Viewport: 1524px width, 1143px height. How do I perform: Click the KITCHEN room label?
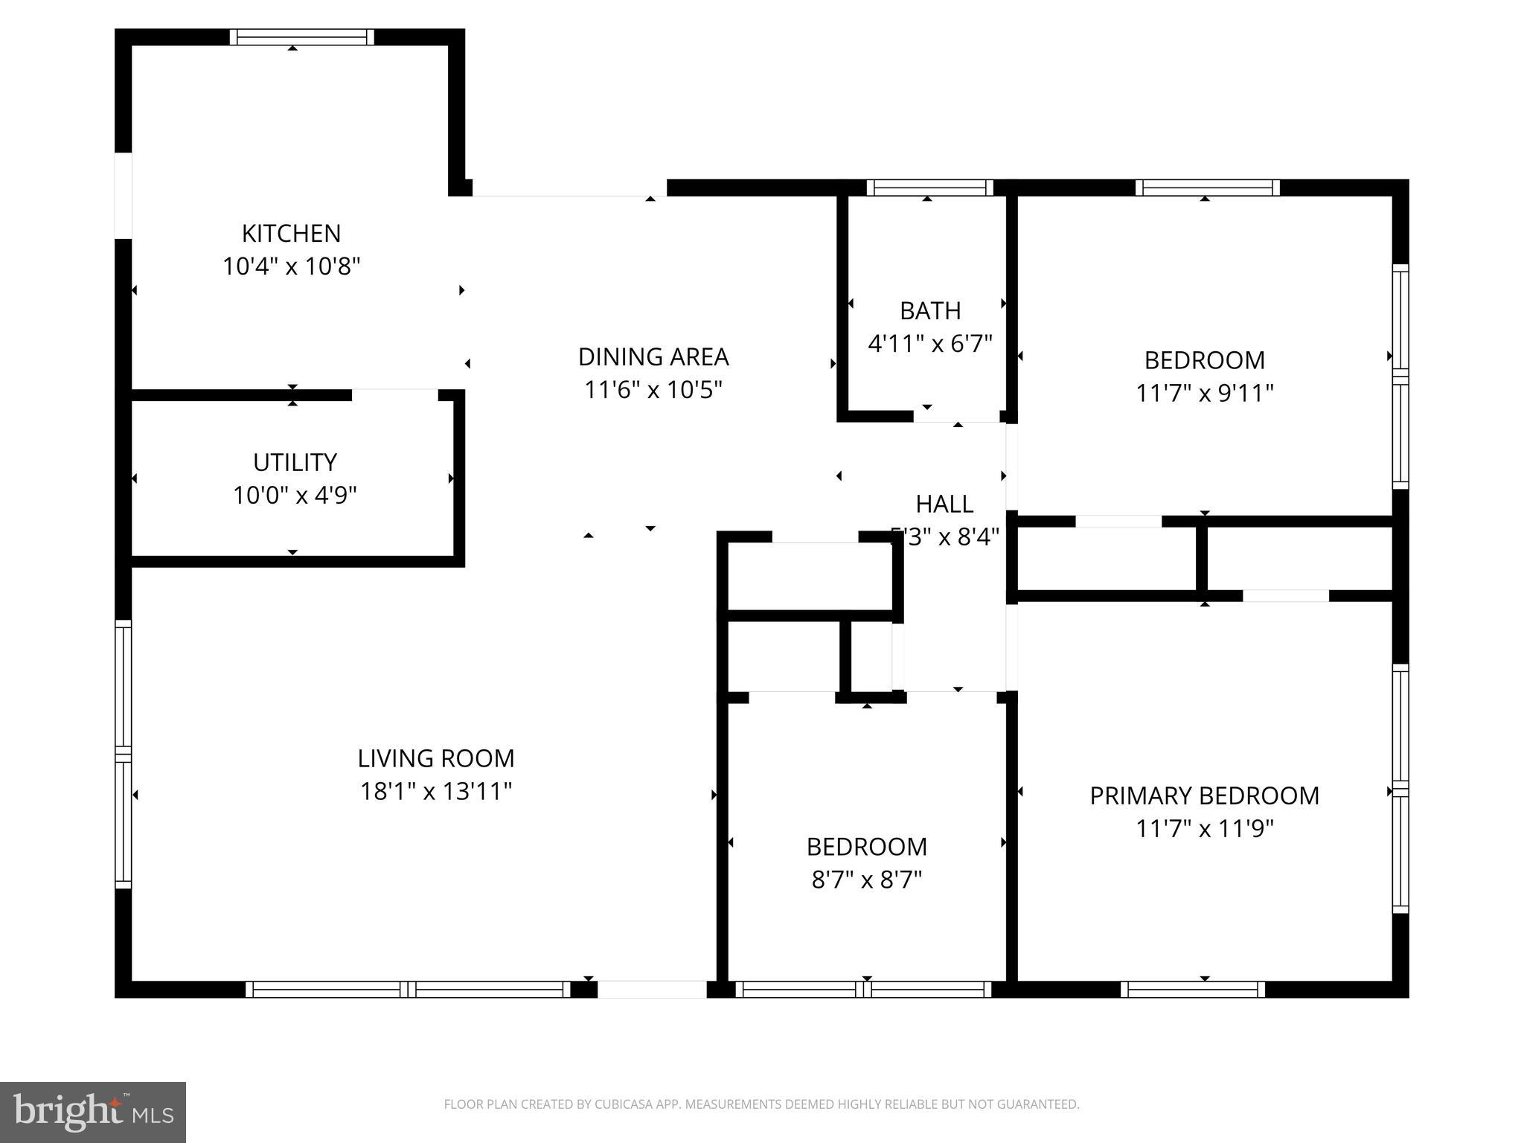(291, 234)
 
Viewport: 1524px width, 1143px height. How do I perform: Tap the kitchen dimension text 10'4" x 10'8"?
(291, 266)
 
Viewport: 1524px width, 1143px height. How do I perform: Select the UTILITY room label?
(295, 463)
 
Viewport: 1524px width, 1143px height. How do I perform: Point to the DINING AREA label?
(653, 357)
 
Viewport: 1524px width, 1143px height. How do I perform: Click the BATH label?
(930, 311)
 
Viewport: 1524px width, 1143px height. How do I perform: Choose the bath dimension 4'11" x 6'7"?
(930, 344)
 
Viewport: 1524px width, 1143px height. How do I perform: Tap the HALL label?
(944, 505)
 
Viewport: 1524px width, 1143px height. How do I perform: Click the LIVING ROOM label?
(436, 758)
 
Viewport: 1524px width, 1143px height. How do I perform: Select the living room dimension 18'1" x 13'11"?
(436, 791)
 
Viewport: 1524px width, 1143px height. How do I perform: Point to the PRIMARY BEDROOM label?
(1204, 796)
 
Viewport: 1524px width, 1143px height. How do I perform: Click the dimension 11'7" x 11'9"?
(1204, 829)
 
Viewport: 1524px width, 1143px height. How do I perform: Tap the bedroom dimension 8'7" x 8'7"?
(866, 880)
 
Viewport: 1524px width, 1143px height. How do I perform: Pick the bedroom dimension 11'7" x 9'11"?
(1204, 393)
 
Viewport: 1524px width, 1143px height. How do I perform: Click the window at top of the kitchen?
(301, 37)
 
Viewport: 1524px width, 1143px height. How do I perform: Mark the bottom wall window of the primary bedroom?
(1192, 990)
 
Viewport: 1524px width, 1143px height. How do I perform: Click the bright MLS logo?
(93, 1112)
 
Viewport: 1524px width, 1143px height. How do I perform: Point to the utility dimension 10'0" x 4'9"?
(295, 496)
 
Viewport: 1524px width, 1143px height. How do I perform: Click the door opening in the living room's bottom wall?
(652, 990)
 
